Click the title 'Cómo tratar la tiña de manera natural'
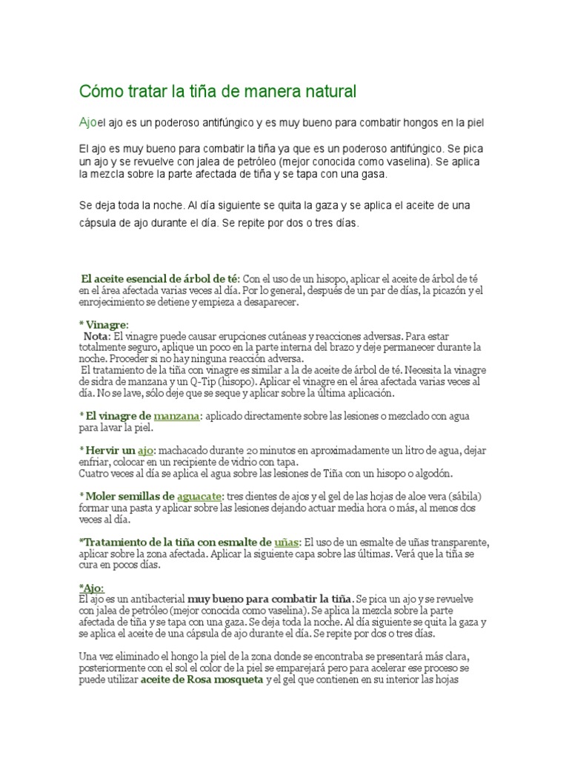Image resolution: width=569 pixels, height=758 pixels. click(217, 92)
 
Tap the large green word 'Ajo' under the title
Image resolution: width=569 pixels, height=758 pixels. click(88, 121)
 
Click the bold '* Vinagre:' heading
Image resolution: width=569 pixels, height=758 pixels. click(103, 324)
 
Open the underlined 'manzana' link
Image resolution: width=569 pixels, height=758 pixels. click(176, 416)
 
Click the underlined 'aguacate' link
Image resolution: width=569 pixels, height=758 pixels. click(199, 495)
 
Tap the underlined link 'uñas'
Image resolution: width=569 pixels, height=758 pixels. click(286, 543)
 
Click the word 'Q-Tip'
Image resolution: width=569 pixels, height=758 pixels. click(205, 381)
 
